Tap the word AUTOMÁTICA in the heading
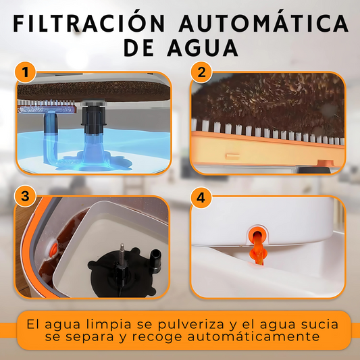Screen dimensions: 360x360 click(264, 23)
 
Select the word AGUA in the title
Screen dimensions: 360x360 click(203, 49)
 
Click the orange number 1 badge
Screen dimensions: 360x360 click(25, 72)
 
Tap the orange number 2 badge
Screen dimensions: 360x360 click(201, 72)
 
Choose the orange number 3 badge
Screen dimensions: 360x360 click(25, 197)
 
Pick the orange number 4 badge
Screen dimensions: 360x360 click(201, 197)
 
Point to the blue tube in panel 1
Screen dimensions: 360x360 click(51, 138)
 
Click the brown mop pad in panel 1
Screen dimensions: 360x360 click(93, 91)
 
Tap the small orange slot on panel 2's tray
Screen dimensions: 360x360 click(232, 156)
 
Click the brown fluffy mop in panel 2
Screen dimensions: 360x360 click(267, 104)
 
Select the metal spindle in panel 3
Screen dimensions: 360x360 click(122, 253)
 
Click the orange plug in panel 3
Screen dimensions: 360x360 click(54, 249)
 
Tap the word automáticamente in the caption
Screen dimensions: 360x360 click(253, 336)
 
